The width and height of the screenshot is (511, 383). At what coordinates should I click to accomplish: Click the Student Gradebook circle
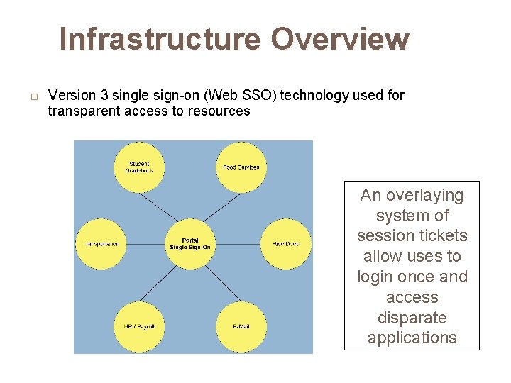coord(139,167)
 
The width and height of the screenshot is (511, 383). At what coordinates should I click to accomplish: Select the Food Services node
coord(241,167)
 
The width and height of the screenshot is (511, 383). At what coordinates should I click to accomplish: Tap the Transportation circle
coord(100,244)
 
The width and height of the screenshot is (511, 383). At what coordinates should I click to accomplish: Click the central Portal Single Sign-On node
coord(189,244)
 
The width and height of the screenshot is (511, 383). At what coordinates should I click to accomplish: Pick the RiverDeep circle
coord(285,244)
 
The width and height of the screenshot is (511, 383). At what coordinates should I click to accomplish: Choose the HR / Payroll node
coord(139,326)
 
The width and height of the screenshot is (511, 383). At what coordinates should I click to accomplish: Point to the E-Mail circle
coord(241,326)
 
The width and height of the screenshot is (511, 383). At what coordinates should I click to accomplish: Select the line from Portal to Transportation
coord(145,244)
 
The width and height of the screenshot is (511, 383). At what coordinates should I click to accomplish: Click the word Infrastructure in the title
coord(161,39)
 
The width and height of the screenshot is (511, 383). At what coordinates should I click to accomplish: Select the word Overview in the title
coord(340,39)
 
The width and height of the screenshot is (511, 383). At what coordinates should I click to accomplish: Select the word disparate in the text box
coord(412,317)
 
